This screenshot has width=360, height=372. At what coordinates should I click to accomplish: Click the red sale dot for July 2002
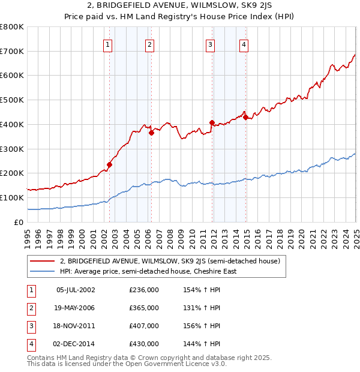click(109, 164)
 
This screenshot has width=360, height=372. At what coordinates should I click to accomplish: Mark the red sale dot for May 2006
click(152, 133)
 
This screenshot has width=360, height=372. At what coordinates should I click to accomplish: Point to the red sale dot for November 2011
click(212, 122)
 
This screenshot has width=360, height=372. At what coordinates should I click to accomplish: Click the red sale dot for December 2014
click(245, 117)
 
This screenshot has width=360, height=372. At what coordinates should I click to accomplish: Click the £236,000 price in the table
click(144, 290)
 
